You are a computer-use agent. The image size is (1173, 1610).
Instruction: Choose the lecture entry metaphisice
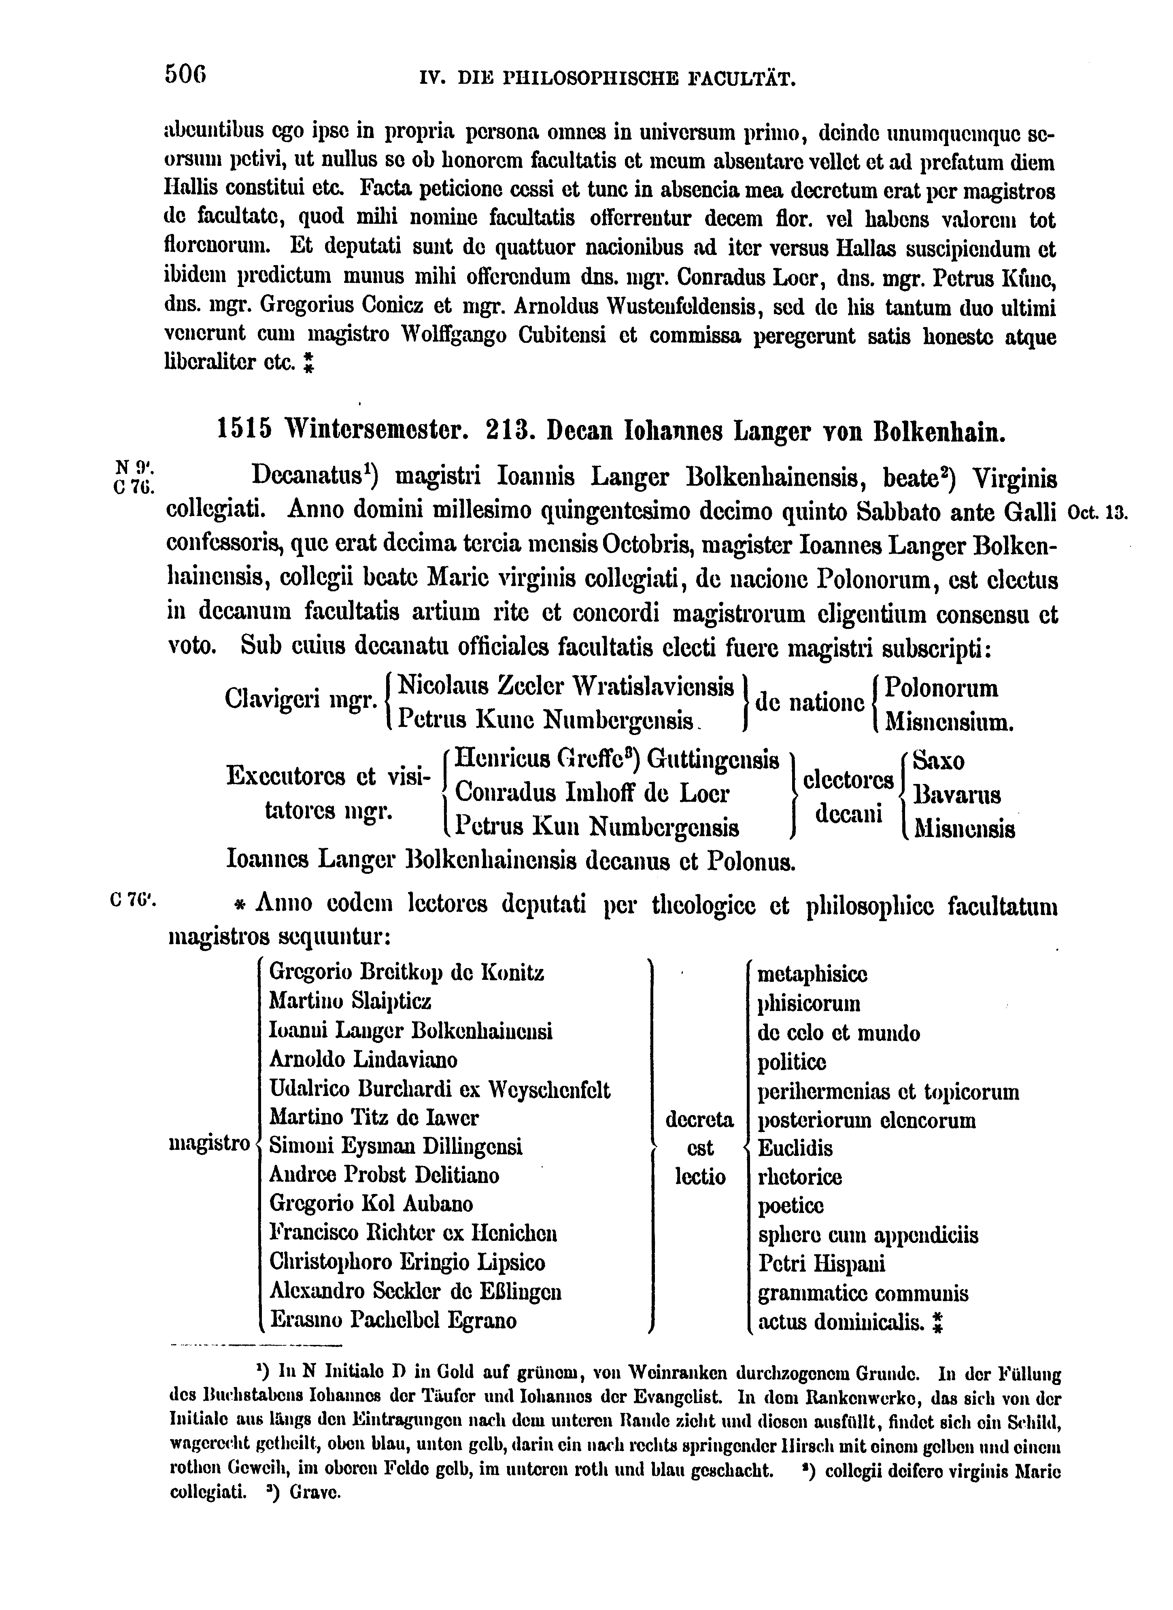[x=812, y=973]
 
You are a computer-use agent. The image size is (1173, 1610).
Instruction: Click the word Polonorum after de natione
[x=941, y=688]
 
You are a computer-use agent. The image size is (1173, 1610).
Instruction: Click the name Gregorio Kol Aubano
[x=371, y=1204]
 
